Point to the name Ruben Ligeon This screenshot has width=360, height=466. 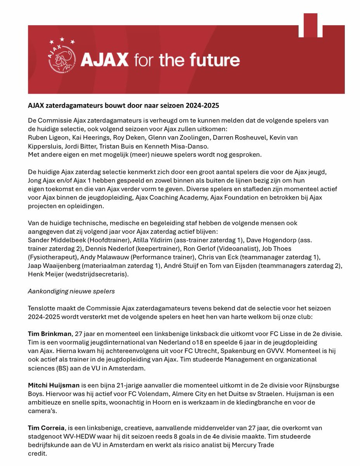48,137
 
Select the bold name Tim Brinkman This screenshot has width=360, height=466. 50,334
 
